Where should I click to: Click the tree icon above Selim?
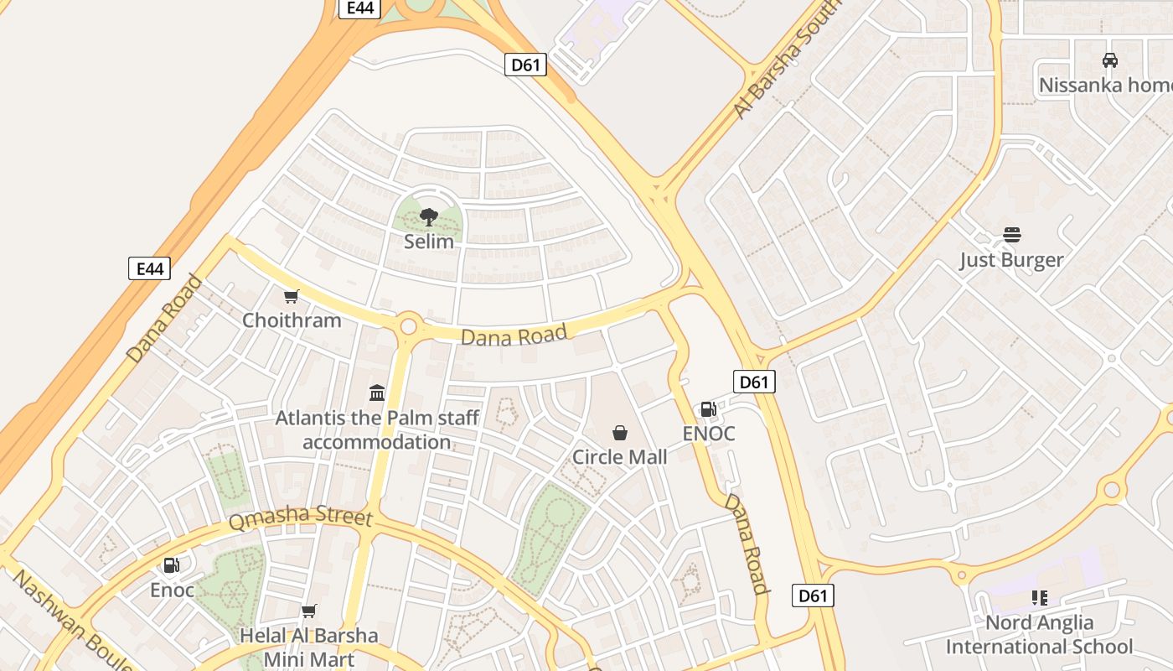(x=429, y=217)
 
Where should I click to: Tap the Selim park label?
(x=429, y=242)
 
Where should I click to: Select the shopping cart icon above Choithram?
(x=292, y=296)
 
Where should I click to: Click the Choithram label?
(x=292, y=320)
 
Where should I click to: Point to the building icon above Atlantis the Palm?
(x=377, y=393)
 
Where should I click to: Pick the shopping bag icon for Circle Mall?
(x=620, y=433)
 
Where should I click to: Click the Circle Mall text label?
(x=620, y=457)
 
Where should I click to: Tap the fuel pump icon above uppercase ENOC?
(x=708, y=409)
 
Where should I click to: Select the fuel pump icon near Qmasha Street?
(x=171, y=565)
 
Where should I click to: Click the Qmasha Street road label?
(x=300, y=518)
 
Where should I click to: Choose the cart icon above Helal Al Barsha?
(x=309, y=611)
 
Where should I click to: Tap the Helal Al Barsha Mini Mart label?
(x=309, y=647)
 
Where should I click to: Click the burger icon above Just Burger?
(x=1012, y=235)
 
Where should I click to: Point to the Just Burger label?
(x=1011, y=260)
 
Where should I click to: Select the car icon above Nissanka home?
(x=1110, y=60)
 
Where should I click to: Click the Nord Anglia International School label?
(x=1039, y=635)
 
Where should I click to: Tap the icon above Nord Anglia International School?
(x=1040, y=598)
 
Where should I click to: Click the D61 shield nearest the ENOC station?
(x=754, y=382)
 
